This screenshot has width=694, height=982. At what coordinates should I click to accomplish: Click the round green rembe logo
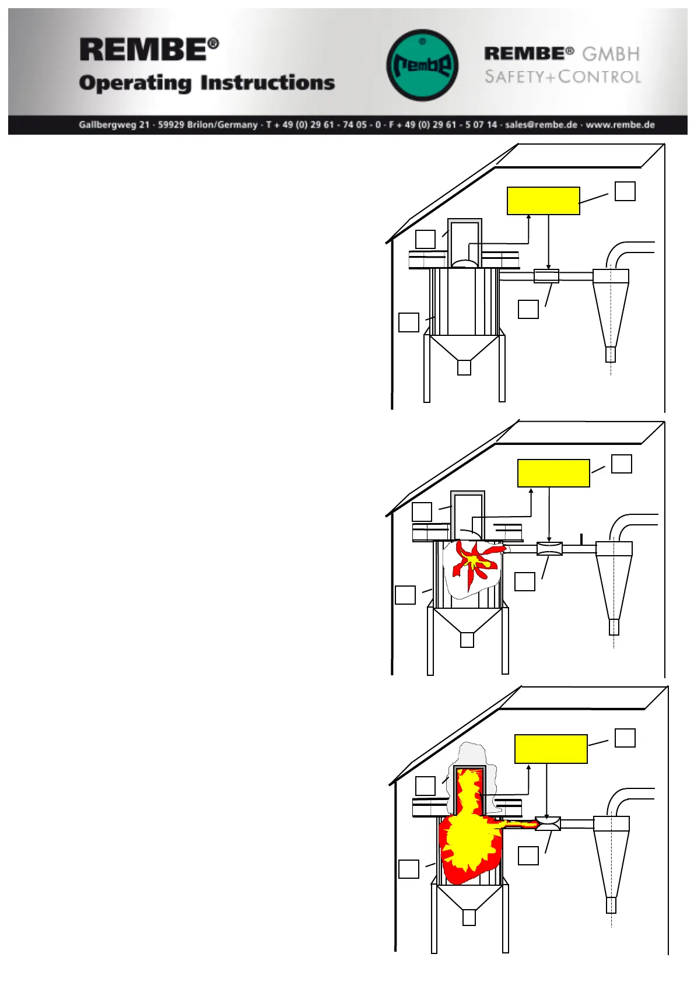(x=422, y=65)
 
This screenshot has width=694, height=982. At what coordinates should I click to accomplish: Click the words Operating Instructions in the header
(x=207, y=83)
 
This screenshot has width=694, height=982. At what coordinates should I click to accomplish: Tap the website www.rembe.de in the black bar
(x=620, y=125)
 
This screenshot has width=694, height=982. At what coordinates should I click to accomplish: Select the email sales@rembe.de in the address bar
(x=541, y=125)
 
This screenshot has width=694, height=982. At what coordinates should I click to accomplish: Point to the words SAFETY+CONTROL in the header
(x=563, y=76)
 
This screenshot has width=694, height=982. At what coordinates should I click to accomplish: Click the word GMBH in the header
(x=611, y=54)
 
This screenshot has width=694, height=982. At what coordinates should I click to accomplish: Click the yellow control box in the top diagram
(x=543, y=201)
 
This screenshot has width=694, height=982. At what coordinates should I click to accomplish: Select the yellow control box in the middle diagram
(x=553, y=473)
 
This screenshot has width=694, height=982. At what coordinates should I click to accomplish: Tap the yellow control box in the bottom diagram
(x=551, y=749)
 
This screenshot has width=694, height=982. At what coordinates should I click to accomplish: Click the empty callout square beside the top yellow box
(x=625, y=191)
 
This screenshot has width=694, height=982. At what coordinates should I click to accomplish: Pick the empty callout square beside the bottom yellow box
(x=625, y=738)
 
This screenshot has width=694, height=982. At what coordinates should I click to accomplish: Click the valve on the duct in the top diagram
(x=546, y=276)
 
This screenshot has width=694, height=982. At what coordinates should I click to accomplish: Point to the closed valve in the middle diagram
(x=549, y=548)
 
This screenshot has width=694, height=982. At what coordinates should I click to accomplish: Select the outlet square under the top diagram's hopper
(x=464, y=367)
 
